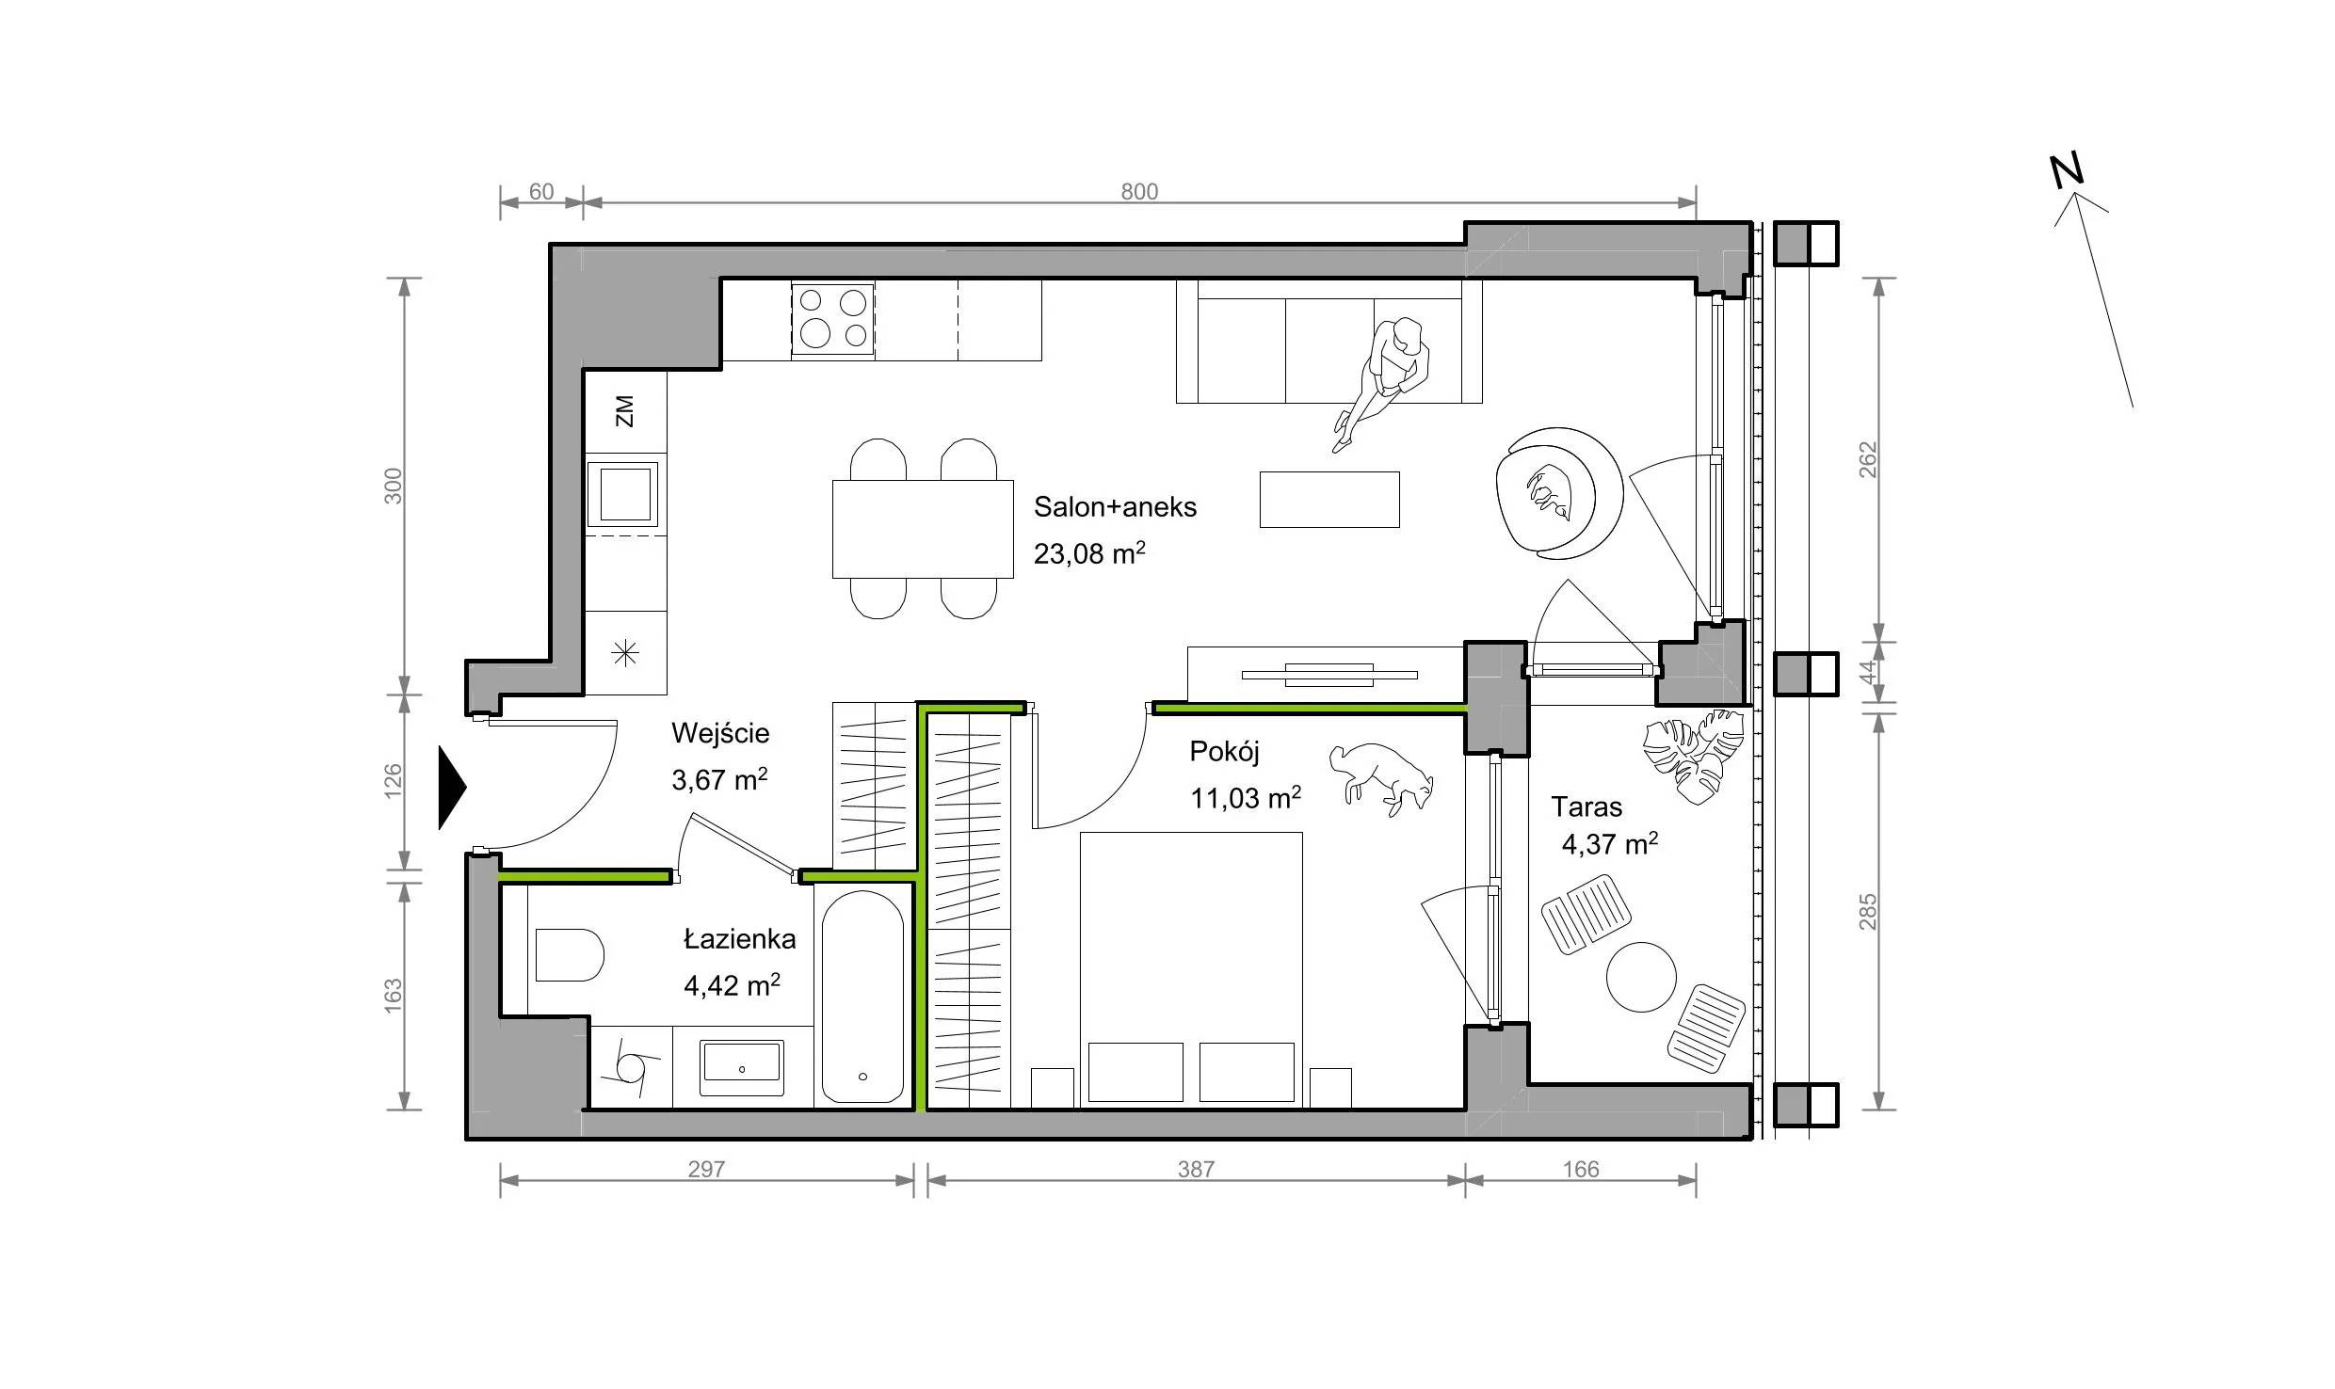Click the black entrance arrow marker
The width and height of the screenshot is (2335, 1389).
coord(451,788)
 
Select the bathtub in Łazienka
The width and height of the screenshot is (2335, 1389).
coord(862,998)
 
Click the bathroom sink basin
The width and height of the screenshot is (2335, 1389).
coord(741,1068)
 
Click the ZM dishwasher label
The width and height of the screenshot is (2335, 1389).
coord(624,411)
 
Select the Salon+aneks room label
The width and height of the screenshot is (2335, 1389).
coord(1115,507)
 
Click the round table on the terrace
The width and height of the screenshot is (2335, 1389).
coord(1641,977)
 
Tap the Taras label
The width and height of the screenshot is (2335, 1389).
coord(1586,806)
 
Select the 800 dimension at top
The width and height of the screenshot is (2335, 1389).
coord(1139,192)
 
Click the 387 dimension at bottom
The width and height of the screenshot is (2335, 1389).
coord(1196,1170)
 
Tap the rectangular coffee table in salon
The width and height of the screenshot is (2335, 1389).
coord(1329,499)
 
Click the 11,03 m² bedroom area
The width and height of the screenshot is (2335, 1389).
coord(1246,798)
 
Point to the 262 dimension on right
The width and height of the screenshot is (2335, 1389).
coord(1868,459)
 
